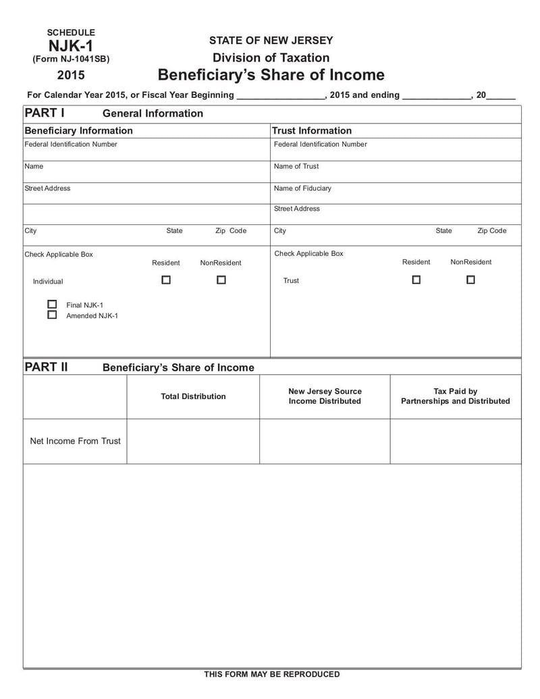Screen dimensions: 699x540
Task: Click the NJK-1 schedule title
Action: click(71, 46)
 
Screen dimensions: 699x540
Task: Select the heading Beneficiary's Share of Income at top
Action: click(271, 74)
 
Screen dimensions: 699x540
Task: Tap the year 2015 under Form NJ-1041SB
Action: click(71, 75)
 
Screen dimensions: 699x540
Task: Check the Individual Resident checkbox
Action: click(166, 280)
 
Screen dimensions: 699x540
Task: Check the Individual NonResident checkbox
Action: click(221, 280)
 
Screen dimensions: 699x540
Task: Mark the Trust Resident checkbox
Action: click(416, 279)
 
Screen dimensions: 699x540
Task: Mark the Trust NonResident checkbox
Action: click(470, 279)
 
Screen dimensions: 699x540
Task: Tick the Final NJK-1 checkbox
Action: click(52, 304)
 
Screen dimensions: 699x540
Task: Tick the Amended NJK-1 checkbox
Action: click(52, 315)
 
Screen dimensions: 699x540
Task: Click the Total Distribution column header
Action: click(193, 396)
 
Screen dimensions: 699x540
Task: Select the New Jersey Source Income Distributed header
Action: click(325, 396)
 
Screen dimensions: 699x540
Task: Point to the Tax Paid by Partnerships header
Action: click(456, 396)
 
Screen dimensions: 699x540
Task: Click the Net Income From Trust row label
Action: click(75, 441)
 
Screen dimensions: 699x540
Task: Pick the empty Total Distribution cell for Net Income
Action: click(193, 441)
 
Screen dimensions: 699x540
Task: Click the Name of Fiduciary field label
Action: click(302, 188)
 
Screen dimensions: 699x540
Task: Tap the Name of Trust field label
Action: click(296, 166)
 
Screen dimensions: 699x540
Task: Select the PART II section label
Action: click(46, 367)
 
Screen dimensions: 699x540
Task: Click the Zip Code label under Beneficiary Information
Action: click(231, 231)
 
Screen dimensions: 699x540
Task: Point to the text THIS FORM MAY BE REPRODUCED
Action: click(272, 674)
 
